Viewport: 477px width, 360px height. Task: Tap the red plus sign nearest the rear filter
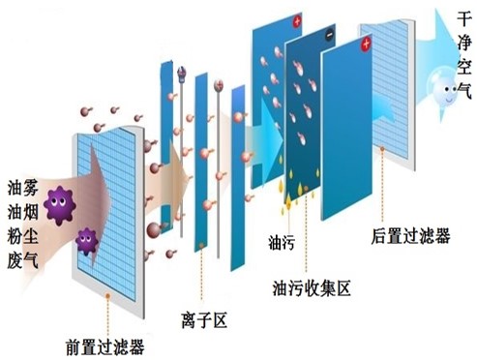[367, 45]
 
